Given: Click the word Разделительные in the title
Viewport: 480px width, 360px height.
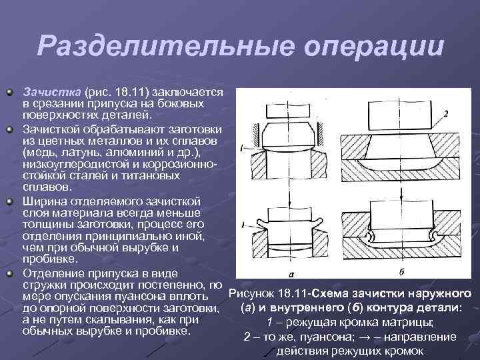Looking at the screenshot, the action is point(166,46).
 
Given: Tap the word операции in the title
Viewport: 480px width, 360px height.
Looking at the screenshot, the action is point(374,46).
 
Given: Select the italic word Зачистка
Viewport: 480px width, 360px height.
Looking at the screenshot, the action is point(52,92).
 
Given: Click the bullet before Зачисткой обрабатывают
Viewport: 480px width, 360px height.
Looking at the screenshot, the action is point(10,130).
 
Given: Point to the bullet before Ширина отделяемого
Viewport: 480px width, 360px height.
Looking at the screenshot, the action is point(10,202).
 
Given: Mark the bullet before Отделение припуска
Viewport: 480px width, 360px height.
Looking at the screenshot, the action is point(10,274).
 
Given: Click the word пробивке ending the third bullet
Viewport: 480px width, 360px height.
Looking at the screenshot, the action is point(49,259).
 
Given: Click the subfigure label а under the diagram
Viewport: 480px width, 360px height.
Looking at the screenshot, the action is point(291,274).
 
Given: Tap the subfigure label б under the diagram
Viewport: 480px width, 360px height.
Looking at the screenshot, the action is point(401,272).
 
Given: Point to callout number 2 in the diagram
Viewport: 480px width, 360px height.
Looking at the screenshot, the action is point(446,114).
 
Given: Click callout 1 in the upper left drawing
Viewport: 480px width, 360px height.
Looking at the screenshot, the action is point(242,149).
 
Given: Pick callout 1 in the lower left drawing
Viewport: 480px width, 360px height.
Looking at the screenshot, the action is point(243,225).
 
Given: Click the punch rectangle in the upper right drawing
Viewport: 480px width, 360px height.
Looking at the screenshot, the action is point(401,115).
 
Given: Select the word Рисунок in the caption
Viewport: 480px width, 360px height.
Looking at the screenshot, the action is point(251,293).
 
